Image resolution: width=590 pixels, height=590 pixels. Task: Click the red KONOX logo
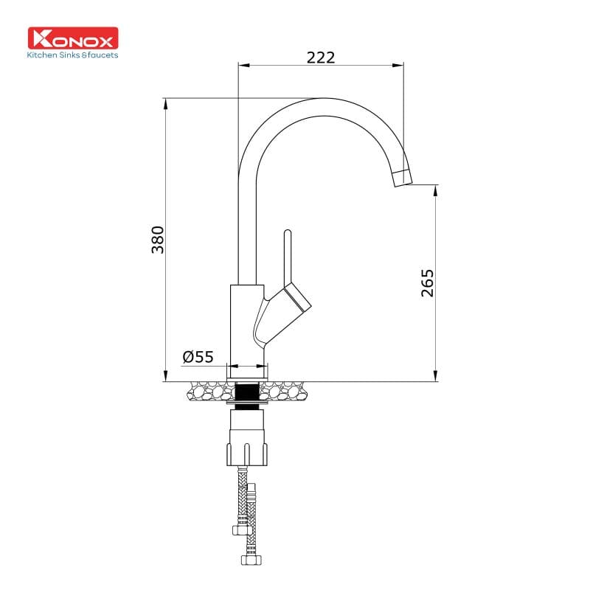pyautogui.click(x=73, y=38)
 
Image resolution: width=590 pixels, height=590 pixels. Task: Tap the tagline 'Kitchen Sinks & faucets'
pyautogui.click(x=73, y=55)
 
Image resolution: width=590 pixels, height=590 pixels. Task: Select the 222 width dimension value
pyautogui.click(x=320, y=57)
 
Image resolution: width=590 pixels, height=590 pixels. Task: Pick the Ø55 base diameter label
pyautogui.click(x=198, y=357)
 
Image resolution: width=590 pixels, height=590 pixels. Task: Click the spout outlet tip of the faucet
pyautogui.click(x=403, y=178)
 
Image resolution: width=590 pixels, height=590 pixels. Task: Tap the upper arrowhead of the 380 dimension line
pyautogui.click(x=166, y=103)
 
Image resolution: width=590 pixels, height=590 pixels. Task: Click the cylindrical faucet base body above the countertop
pyautogui.click(x=246, y=324)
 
